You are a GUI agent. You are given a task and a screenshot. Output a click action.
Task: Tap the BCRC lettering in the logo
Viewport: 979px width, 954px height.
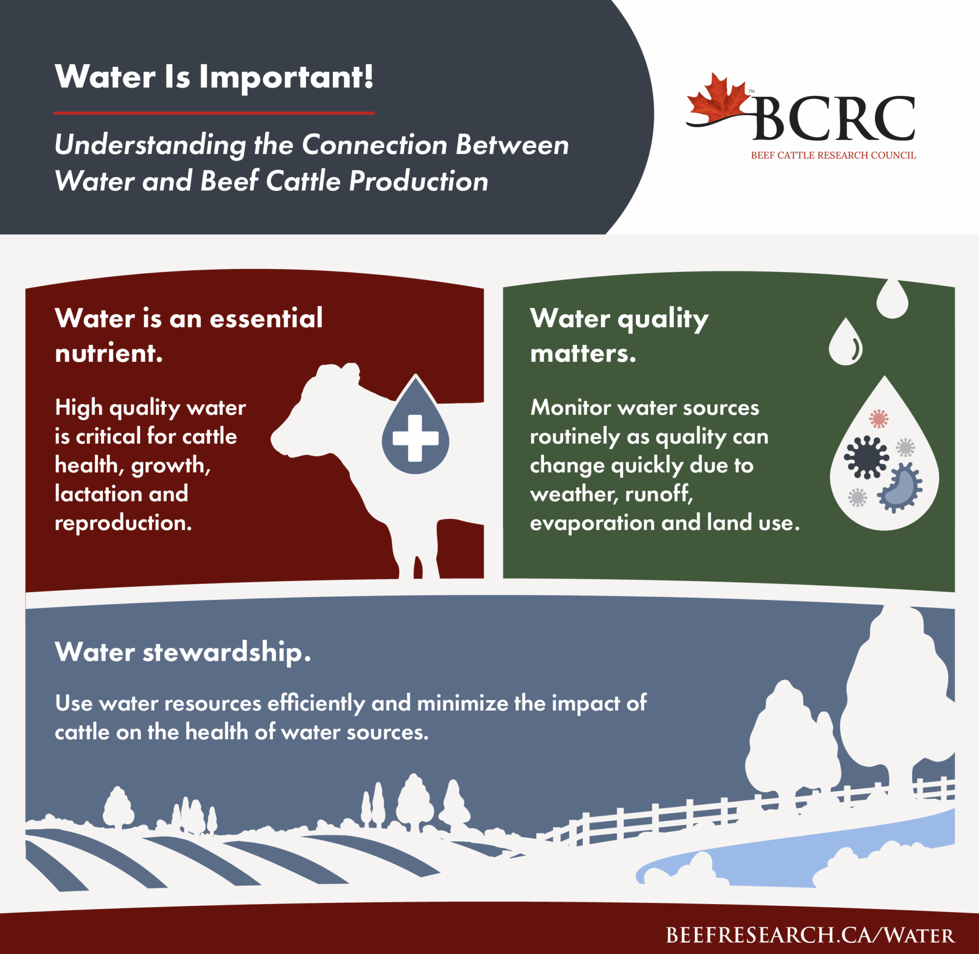point(834,118)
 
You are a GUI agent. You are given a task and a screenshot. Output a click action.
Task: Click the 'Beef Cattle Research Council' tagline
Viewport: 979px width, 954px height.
point(833,156)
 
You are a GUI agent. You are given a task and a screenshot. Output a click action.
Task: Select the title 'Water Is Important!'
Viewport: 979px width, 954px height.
point(214,77)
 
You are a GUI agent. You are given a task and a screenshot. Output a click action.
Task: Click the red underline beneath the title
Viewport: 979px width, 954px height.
point(214,113)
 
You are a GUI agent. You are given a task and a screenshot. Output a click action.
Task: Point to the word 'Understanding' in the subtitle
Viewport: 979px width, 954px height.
point(150,145)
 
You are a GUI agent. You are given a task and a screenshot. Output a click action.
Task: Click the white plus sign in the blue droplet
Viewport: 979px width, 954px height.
point(416,438)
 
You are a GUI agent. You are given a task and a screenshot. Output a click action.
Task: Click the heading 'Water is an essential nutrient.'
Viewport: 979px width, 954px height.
point(189,335)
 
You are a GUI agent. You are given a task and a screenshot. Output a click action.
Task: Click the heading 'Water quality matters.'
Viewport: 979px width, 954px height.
point(619,335)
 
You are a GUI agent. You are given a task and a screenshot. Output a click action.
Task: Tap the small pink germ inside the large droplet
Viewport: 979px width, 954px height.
point(879,419)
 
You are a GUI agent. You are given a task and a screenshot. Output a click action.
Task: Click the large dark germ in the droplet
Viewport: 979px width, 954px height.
point(866,457)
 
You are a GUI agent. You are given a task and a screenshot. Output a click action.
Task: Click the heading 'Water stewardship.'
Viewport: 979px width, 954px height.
point(183,652)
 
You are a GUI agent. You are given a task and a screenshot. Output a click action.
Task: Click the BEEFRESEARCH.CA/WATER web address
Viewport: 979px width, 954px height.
point(810,935)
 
